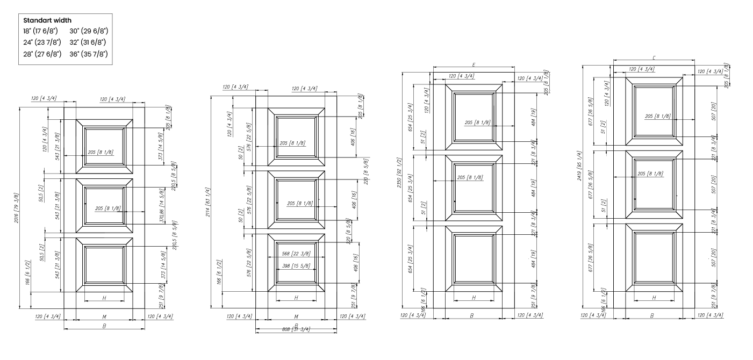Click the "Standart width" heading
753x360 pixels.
click(x=47, y=20)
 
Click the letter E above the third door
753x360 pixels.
click(x=474, y=64)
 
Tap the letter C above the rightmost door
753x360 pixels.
click(x=653, y=57)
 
